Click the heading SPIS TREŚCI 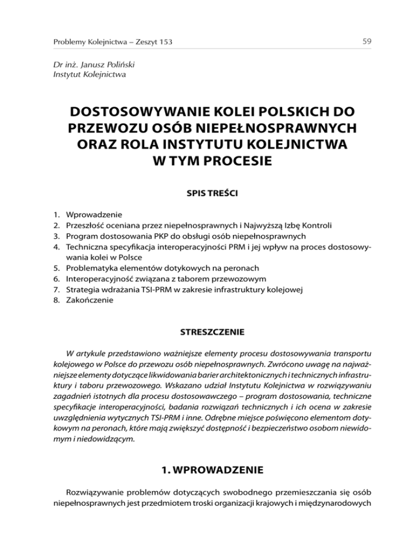210,192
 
